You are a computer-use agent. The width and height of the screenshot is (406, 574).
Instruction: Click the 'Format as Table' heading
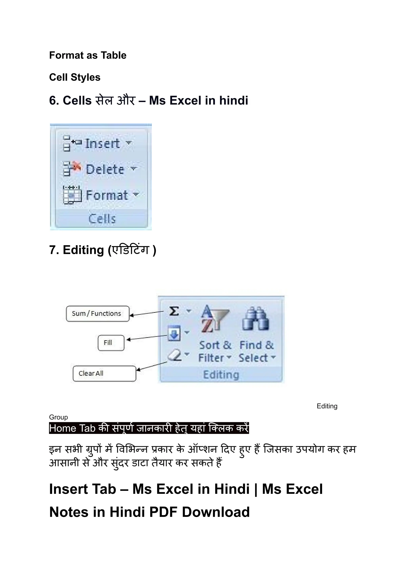coord(88,55)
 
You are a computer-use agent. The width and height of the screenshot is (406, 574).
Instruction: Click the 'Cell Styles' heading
coord(75,77)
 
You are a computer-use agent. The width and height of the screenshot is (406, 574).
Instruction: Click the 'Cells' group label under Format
coord(102,219)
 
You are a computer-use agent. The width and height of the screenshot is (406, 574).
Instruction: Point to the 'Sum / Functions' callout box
coord(98,313)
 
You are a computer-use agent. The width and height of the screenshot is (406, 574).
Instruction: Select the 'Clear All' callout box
coord(104,373)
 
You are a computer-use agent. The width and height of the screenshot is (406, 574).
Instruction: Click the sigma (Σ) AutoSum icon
coord(174,311)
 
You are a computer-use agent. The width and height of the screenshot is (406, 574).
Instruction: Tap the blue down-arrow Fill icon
coord(174,333)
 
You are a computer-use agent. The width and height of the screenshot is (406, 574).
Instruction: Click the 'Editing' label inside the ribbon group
coord(221,375)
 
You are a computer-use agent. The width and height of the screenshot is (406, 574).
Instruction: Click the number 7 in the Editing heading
coord(53,250)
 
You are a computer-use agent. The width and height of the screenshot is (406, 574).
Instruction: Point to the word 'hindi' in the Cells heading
coord(234,101)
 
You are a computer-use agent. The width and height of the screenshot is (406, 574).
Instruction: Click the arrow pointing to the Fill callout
coord(146,337)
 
